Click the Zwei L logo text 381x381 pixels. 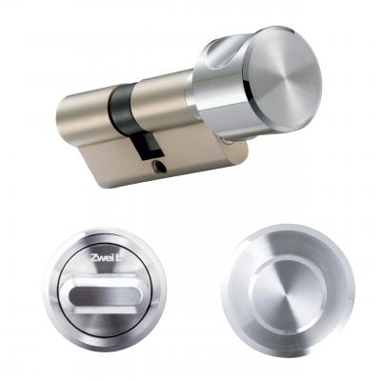tap(104, 257)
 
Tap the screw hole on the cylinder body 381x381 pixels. tap(159, 167)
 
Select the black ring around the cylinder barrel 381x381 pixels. tap(123, 110)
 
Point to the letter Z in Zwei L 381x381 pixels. tap(92, 257)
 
